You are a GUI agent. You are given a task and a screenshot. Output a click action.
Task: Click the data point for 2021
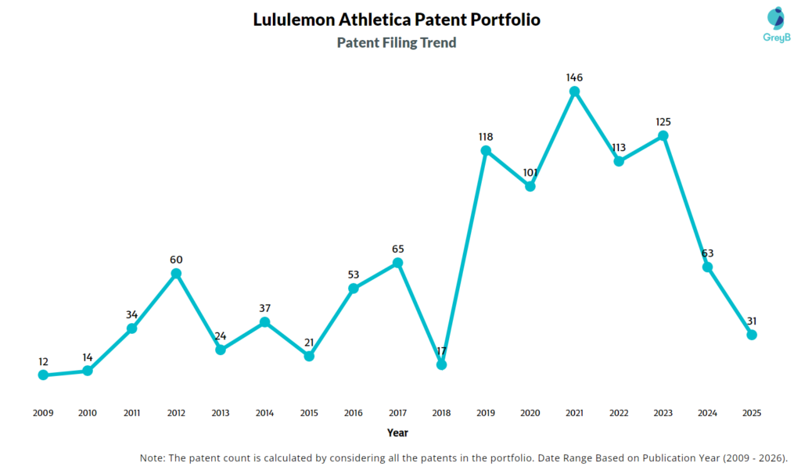tap(574, 91)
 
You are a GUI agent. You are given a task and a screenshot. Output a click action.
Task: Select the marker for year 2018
tap(441, 364)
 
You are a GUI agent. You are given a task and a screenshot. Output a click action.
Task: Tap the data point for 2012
tap(176, 274)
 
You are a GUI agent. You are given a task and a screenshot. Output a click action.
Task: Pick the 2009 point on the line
tap(43, 375)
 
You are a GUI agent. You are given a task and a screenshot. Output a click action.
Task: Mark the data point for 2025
tap(752, 335)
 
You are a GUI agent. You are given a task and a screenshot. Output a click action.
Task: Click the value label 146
tap(575, 77)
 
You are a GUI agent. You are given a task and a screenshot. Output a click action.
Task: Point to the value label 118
tap(486, 137)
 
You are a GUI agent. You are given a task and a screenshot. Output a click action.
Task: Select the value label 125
tap(663, 122)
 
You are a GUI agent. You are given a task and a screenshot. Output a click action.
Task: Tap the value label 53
tap(353, 274)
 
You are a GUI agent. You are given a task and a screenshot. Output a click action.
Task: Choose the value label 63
tap(707, 253)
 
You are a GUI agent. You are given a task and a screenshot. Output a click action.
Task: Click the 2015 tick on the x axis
tap(309, 413)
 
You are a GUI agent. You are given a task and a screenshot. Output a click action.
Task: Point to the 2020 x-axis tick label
tap(530, 413)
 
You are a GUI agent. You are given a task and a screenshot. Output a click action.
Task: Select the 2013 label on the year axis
tap(221, 413)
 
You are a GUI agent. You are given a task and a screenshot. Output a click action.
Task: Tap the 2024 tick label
tap(707, 413)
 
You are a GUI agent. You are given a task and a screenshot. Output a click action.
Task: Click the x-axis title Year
tap(397, 432)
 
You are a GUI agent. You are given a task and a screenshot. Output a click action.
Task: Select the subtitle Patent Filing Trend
tap(397, 43)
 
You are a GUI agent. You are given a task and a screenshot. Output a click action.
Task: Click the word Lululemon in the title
tap(293, 20)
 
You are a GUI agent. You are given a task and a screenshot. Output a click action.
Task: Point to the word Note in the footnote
tap(154, 457)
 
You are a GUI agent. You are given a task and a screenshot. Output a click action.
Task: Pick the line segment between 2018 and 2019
tap(463, 257)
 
